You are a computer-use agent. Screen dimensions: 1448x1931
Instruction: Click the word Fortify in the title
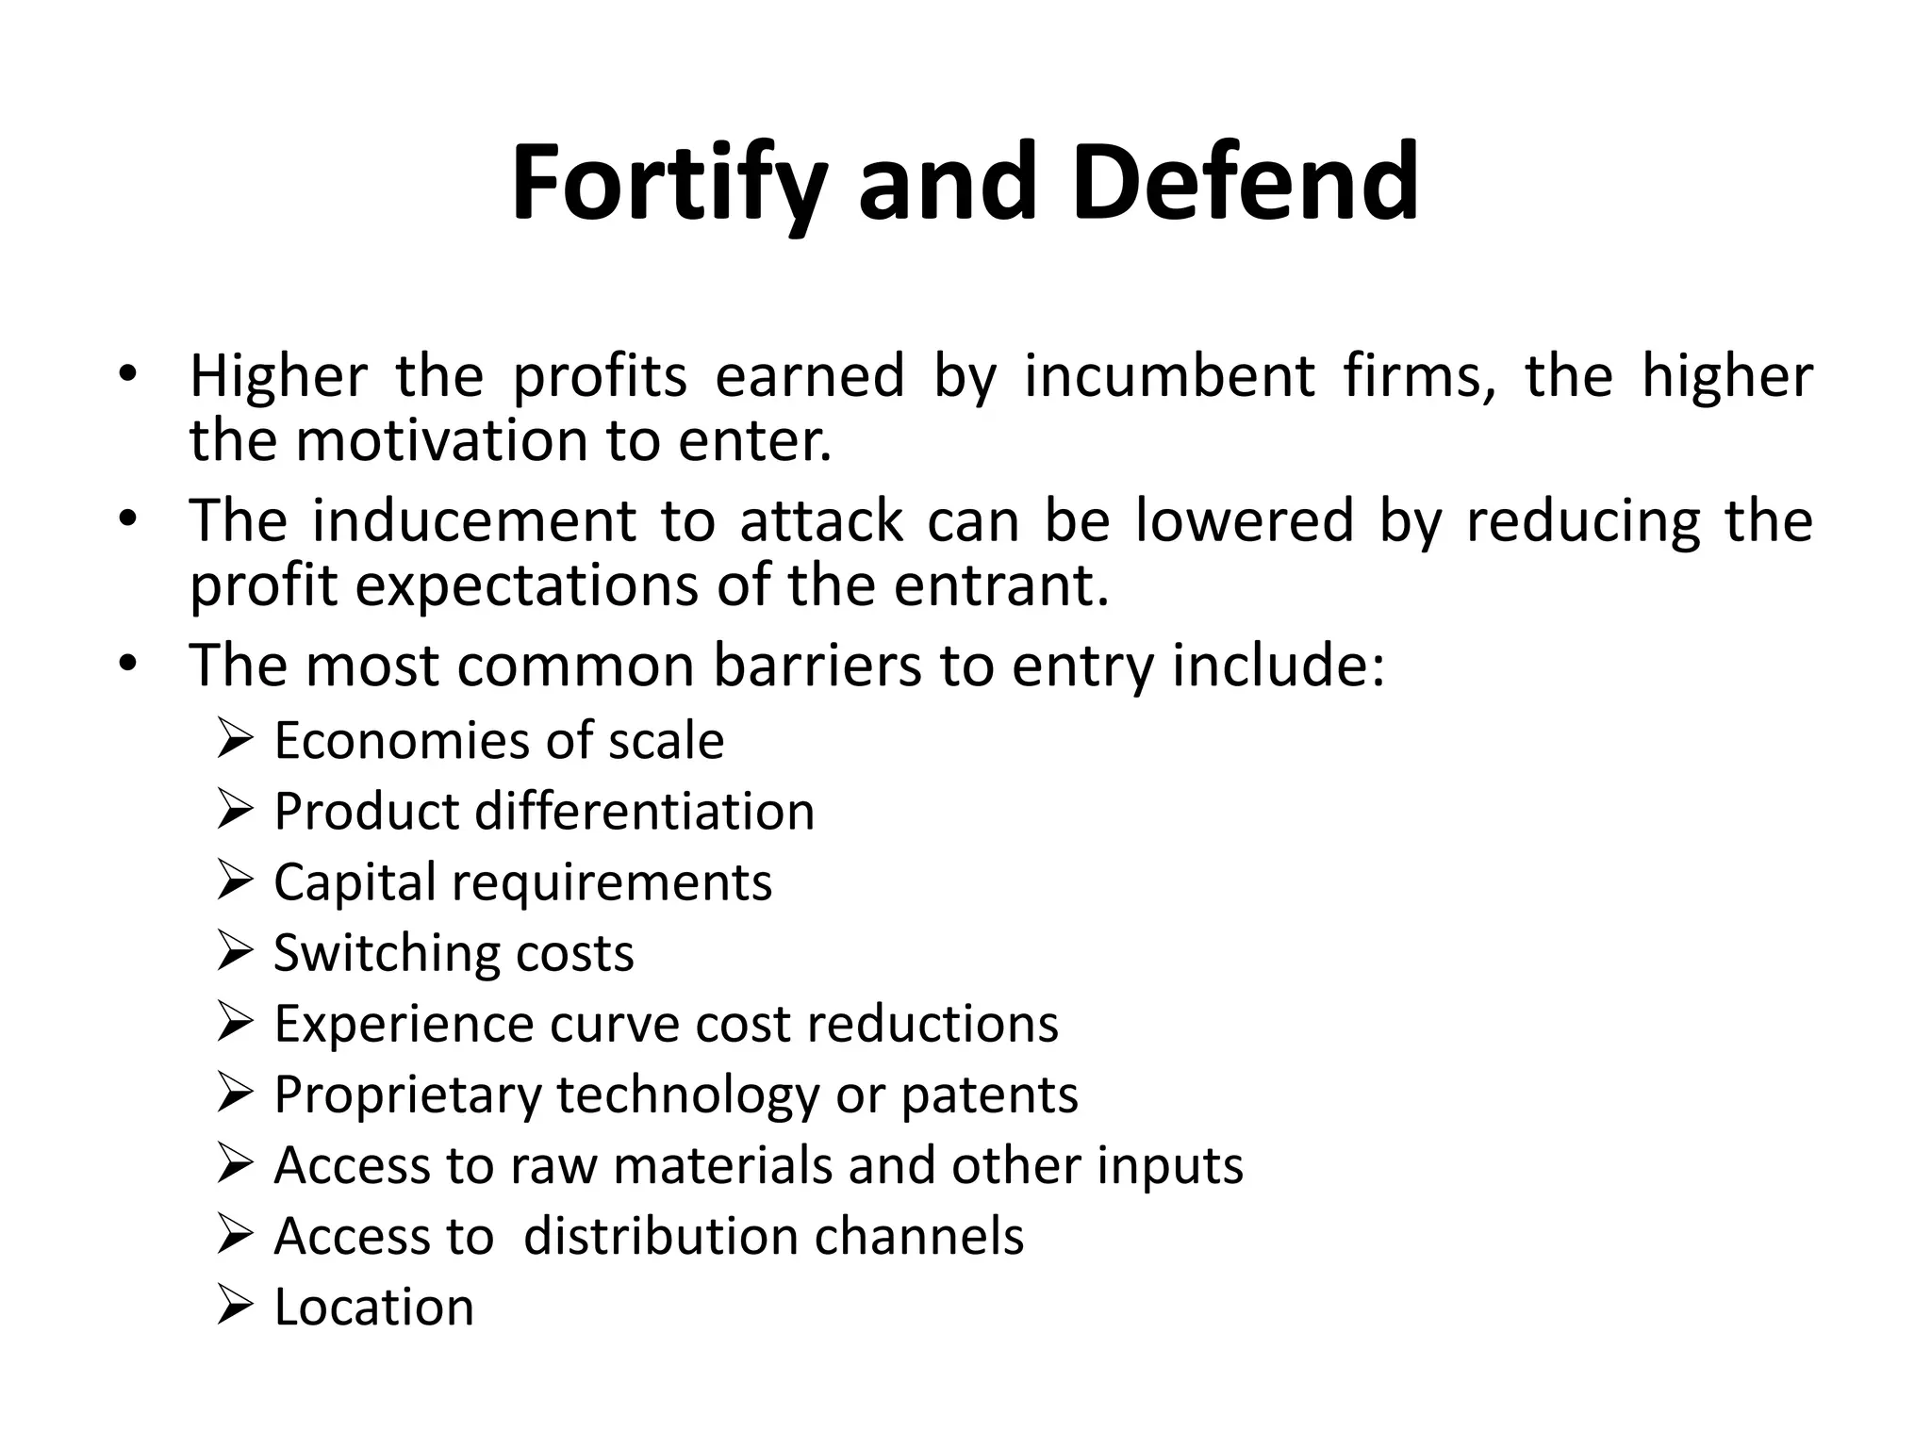click(x=669, y=183)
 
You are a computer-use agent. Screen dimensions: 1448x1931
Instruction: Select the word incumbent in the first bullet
click(x=1169, y=376)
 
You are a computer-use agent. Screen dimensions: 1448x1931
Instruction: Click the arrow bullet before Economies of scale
click(x=235, y=738)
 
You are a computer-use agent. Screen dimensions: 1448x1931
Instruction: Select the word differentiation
click(x=645, y=812)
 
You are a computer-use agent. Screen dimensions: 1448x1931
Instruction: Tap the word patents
click(x=989, y=1094)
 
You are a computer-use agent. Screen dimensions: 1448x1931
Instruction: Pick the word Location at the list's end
click(x=374, y=1308)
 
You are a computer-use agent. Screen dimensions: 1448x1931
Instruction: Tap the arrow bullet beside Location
click(x=235, y=1305)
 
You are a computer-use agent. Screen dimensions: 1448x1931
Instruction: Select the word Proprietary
click(x=407, y=1095)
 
